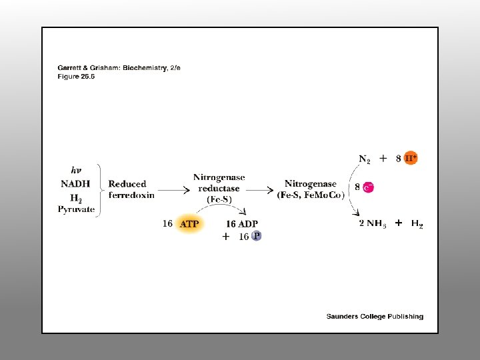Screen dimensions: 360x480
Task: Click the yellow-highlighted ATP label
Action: click(189, 224)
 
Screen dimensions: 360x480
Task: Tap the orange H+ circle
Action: click(411, 159)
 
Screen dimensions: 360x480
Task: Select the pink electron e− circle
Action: click(368, 188)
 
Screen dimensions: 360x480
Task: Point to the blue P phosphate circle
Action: click(257, 236)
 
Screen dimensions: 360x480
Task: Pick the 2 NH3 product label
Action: click(373, 224)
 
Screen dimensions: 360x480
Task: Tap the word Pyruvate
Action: click(76, 210)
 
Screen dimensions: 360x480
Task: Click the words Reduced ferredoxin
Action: click(131, 189)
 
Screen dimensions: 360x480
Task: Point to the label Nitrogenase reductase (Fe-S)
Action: click(219, 188)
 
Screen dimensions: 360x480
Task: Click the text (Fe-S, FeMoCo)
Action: click(311, 195)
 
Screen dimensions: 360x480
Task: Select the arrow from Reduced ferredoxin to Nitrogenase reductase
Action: click(173, 190)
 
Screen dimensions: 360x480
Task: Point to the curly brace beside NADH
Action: click(100, 190)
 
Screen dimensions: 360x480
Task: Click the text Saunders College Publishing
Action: click(375, 316)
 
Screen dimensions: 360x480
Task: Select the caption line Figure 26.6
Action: click(77, 75)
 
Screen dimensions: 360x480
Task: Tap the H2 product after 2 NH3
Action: click(417, 224)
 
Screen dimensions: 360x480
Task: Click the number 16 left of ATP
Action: click(168, 224)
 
